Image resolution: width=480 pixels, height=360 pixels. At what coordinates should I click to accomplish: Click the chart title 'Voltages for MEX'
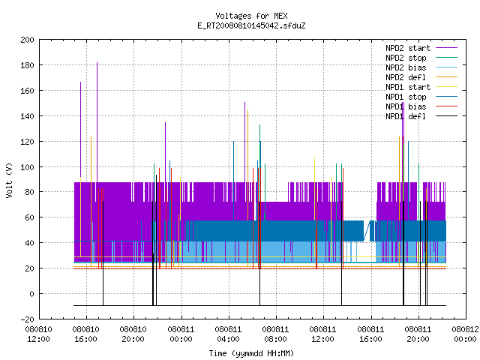tap(251, 16)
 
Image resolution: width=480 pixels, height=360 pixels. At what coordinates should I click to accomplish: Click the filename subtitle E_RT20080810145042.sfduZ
tap(251, 25)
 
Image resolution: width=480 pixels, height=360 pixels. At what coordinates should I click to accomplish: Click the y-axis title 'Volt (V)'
tap(9, 180)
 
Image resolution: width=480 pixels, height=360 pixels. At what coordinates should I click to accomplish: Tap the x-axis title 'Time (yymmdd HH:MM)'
tap(251, 353)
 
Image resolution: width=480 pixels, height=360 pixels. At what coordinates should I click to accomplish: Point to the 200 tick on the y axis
tap(27, 40)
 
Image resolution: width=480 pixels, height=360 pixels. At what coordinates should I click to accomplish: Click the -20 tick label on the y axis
tap(27, 319)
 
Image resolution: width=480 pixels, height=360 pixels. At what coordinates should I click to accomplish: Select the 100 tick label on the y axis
tap(27, 167)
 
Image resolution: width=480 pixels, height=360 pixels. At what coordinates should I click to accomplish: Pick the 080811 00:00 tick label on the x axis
tap(181, 334)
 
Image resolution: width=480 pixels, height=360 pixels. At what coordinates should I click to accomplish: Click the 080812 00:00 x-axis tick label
tap(465, 334)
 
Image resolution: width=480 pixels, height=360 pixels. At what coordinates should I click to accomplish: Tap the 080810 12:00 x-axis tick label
tap(38, 334)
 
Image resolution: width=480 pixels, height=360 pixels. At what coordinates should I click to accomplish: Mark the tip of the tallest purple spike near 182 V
tap(97, 62)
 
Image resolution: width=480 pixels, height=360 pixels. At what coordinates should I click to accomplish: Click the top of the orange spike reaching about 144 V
tap(247, 110)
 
